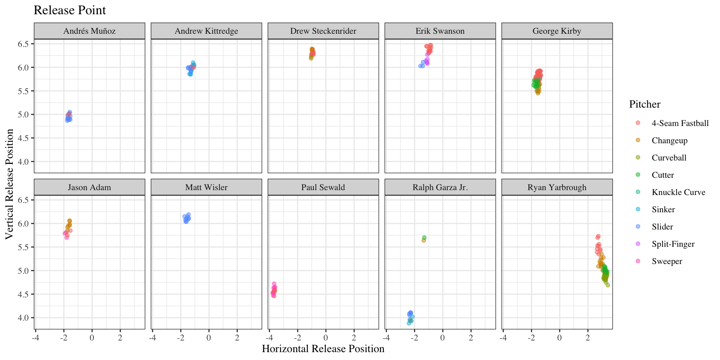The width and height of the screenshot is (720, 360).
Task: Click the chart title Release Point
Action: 70,10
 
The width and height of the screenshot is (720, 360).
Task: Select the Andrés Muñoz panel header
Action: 89,31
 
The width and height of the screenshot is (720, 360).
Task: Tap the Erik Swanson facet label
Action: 440,31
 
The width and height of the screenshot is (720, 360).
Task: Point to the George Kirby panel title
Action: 557,31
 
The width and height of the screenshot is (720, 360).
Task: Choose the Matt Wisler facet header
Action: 206,187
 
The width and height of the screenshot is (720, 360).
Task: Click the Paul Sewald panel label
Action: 323,187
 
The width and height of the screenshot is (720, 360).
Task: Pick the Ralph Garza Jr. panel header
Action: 440,187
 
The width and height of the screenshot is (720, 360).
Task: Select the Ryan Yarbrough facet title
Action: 557,187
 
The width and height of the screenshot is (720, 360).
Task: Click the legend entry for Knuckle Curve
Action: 678,192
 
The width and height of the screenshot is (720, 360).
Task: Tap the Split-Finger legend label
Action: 673,244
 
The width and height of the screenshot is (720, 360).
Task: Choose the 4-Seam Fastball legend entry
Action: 680,123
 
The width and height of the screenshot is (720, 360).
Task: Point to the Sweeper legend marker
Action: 638,261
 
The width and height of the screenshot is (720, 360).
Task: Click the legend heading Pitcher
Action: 645,104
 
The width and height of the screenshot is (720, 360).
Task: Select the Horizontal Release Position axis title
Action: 323,349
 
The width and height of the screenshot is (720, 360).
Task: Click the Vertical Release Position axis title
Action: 9,184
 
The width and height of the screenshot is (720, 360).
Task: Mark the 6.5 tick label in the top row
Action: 23,44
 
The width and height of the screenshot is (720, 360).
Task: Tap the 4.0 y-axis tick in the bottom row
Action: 23,318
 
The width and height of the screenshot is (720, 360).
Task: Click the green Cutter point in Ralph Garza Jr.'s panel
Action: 424,238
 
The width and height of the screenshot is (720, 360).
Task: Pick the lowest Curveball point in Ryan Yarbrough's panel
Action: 607,285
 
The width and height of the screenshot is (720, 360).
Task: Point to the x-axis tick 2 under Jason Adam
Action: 120,337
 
